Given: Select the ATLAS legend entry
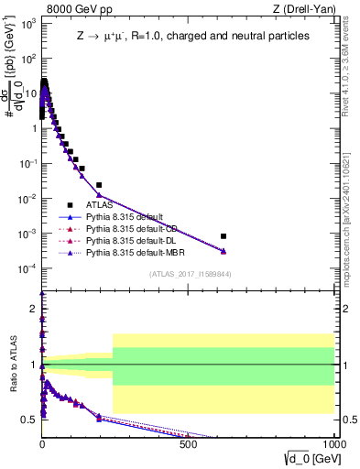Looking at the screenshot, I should pyautogui.click(x=101, y=205).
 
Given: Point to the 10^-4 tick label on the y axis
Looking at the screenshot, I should pyautogui.click(x=28, y=268).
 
